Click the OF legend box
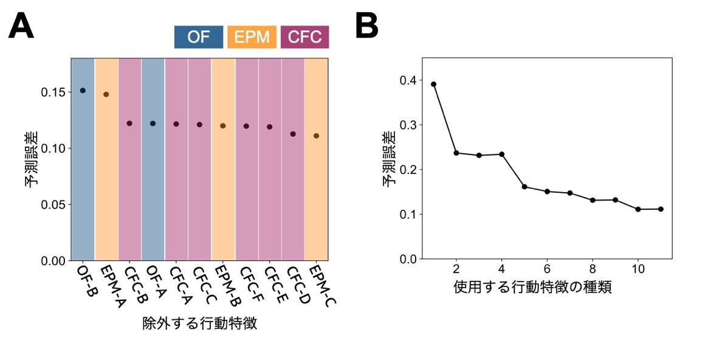199,36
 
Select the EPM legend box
252,36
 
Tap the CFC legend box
304,36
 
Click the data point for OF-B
83,91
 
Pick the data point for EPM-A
106,94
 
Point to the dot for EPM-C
316,136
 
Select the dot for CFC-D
293,134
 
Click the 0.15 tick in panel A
54,92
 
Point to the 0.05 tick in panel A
54,205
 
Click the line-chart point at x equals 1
433,84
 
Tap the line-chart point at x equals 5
524,187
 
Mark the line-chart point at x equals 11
661,209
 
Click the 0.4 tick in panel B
408,80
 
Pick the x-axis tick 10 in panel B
638,269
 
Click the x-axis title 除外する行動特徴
200,324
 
